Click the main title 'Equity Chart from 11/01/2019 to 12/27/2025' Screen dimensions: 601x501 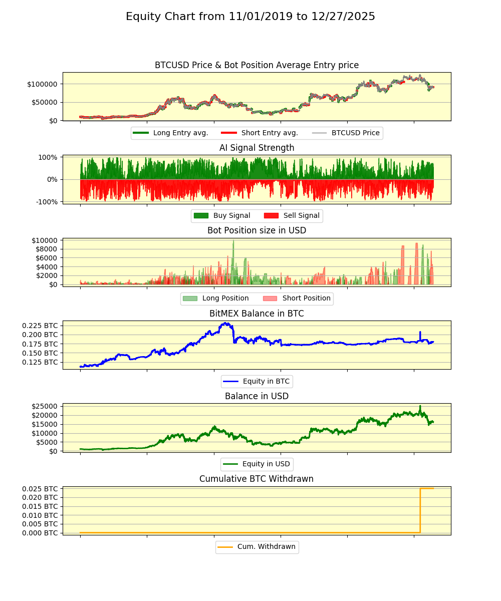(x=250, y=17)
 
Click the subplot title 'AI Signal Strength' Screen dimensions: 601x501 (x=257, y=148)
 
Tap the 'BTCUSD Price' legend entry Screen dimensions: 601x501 (x=355, y=133)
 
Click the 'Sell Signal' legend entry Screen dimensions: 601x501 (x=301, y=216)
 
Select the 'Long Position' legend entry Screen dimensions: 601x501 (x=225, y=298)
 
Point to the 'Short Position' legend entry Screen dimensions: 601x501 (x=306, y=298)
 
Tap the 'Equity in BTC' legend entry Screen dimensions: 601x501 (x=266, y=381)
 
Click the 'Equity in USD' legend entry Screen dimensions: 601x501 (x=266, y=464)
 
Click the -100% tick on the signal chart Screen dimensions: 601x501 (x=46, y=202)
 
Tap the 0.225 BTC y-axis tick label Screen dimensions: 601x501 (x=40, y=325)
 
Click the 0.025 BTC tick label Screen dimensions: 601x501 (x=40, y=488)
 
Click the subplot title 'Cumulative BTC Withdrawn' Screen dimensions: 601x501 (x=257, y=479)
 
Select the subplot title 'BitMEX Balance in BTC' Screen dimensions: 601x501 (x=257, y=314)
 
